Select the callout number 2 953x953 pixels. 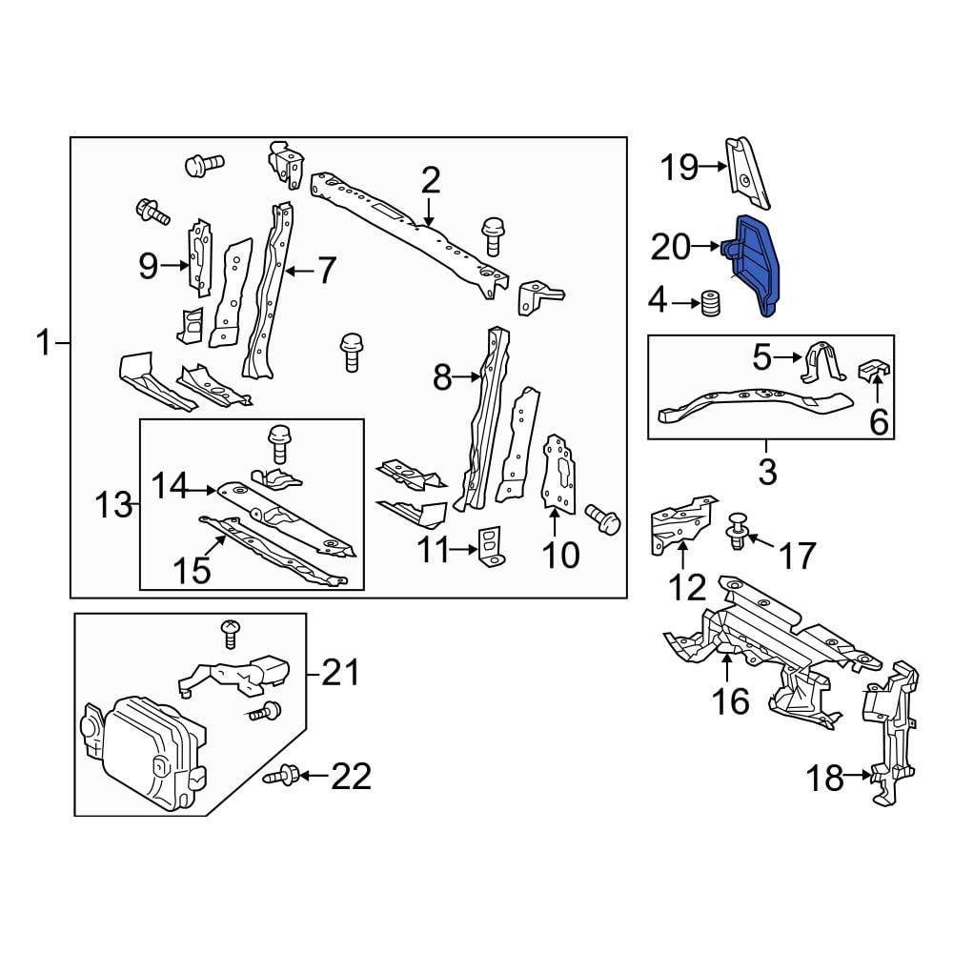pyautogui.click(x=431, y=179)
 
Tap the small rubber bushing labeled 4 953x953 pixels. pyautogui.click(x=708, y=305)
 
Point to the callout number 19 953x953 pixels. pyautogui.click(x=680, y=168)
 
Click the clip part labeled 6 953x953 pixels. pyautogui.click(x=875, y=370)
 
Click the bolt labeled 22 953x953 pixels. pyautogui.click(x=285, y=777)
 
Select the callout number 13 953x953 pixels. pyautogui.click(x=113, y=504)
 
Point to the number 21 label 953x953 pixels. pyautogui.click(x=341, y=674)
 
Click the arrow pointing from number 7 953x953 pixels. pyautogui.click(x=297, y=272)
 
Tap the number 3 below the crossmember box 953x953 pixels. pyautogui.click(x=767, y=470)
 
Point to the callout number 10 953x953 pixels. pyautogui.click(x=560, y=554)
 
